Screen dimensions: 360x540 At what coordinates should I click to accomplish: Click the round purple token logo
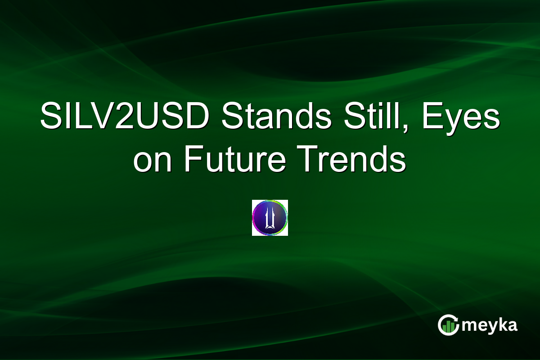point(270,218)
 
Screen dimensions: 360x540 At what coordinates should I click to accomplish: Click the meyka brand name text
point(490,325)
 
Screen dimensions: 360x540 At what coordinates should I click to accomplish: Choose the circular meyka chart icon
point(448,325)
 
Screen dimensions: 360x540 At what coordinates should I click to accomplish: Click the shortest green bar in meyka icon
point(444,329)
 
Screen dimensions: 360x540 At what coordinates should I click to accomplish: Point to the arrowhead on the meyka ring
point(455,319)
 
